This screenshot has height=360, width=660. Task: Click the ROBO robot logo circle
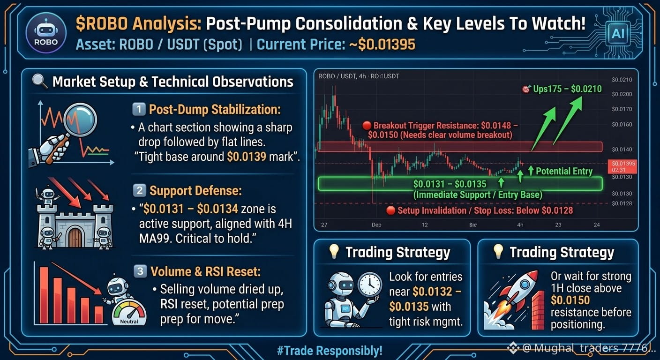[x=45, y=33]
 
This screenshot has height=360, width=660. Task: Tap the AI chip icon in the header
[x=618, y=34]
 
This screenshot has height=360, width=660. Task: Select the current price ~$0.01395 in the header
[x=382, y=45]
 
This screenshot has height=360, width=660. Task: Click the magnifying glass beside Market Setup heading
[x=40, y=81]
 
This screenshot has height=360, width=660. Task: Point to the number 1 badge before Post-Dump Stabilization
[x=139, y=109]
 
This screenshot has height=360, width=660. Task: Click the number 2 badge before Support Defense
[x=139, y=190]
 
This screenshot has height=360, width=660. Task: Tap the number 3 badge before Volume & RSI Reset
[x=140, y=271]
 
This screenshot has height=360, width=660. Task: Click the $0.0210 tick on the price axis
[x=622, y=80]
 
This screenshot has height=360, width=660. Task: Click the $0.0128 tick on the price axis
[x=622, y=203]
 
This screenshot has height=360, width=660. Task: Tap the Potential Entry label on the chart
[x=564, y=171]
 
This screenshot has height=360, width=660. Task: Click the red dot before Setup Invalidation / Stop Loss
[x=390, y=210]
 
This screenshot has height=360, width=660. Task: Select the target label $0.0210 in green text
[x=586, y=89]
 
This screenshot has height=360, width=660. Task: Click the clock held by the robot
[x=370, y=284]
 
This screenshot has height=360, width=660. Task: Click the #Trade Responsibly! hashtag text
[x=330, y=351]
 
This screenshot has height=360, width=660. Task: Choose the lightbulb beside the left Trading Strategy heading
[x=334, y=251]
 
